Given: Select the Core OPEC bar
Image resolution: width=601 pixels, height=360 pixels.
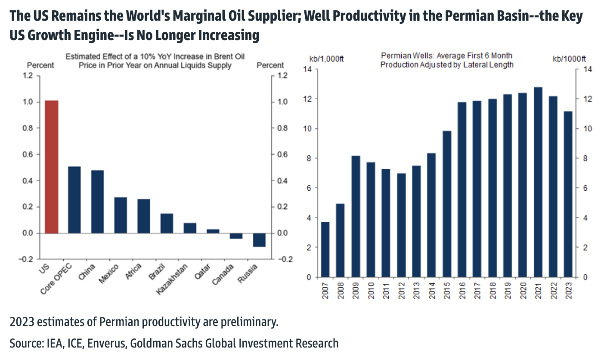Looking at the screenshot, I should (x=74, y=200).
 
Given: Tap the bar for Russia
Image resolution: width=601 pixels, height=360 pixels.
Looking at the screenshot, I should (x=259, y=240).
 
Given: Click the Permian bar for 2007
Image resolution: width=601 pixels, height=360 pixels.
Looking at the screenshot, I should (x=325, y=249).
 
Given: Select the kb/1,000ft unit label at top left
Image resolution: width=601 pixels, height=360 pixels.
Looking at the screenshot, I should (x=326, y=59).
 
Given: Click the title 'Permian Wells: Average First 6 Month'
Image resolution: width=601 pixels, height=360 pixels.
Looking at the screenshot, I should (x=446, y=56).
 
